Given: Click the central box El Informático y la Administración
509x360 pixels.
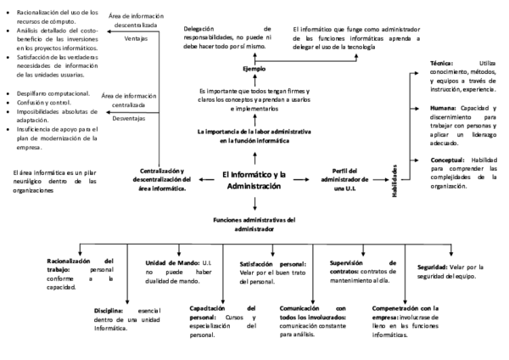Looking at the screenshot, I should coord(255,180).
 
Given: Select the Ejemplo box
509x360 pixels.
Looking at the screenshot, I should coord(254,68).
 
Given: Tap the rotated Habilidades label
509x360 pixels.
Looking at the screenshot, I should coord(394,180).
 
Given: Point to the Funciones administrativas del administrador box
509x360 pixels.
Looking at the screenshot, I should coord(254,225).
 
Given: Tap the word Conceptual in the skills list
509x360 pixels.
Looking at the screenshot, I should coord(447,159).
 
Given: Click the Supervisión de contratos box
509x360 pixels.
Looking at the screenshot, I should coord(361,267).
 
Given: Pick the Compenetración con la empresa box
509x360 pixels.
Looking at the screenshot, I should coord(405,320).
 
